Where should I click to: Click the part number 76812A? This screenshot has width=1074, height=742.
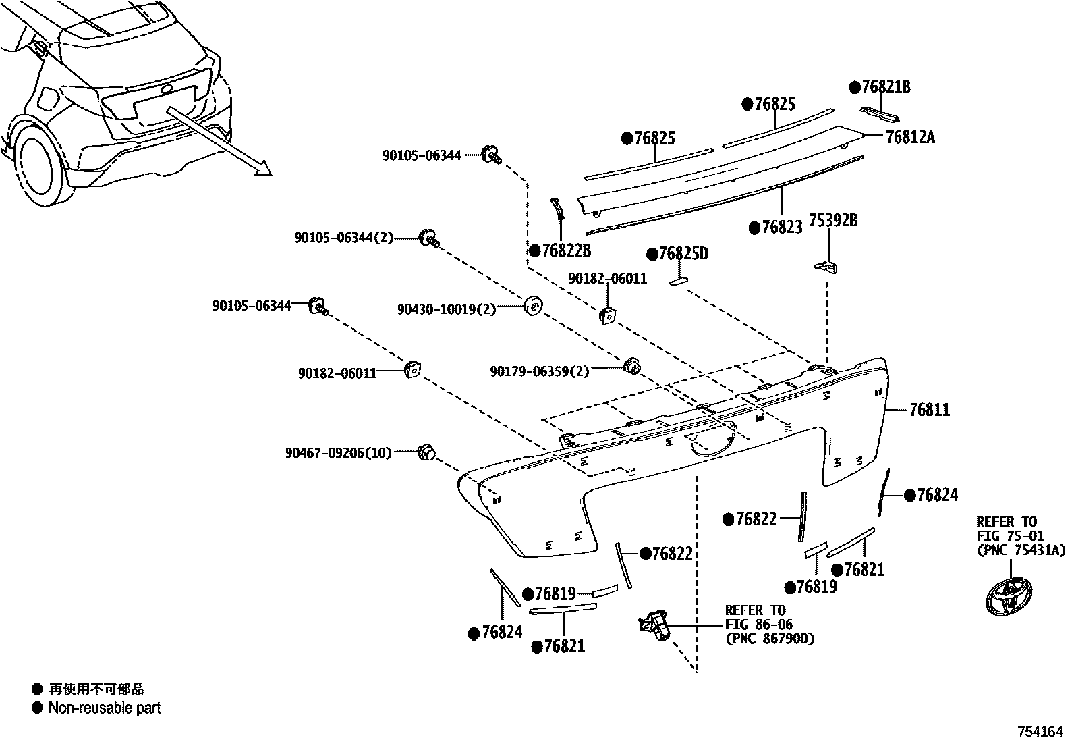point(910,137)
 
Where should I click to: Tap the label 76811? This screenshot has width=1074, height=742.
point(930,410)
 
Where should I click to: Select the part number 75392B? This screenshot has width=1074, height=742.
point(833,220)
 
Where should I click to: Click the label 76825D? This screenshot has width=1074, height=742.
point(683,254)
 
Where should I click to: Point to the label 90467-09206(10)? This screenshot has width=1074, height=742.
point(338,453)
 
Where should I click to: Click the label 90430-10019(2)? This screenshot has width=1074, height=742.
point(446,309)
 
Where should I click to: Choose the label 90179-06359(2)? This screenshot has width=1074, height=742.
point(539,371)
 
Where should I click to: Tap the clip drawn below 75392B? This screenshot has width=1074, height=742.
point(826,266)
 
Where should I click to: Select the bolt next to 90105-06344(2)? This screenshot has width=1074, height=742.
point(429,238)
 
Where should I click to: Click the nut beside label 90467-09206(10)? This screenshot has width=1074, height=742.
point(426,452)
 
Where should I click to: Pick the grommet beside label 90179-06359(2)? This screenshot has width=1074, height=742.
point(631,365)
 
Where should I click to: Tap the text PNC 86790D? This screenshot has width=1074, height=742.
point(769,639)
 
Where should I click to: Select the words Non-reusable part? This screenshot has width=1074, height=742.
point(105,708)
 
